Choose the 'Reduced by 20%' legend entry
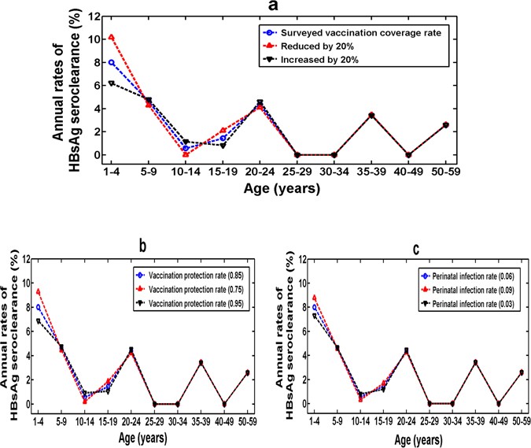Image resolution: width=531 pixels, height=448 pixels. point(315,49)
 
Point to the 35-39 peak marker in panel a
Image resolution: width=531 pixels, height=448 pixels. point(371,116)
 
